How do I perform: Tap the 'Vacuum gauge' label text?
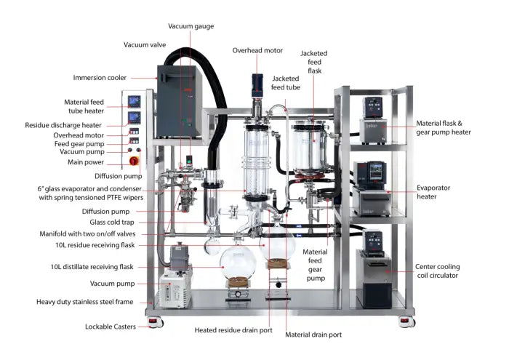click(191, 26)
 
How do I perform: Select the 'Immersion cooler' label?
click(100, 77)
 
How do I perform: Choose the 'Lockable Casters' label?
click(111, 327)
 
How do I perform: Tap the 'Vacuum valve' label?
click(145, 44)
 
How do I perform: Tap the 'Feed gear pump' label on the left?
click(97, 143)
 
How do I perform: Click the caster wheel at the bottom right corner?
click(404, 320)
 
